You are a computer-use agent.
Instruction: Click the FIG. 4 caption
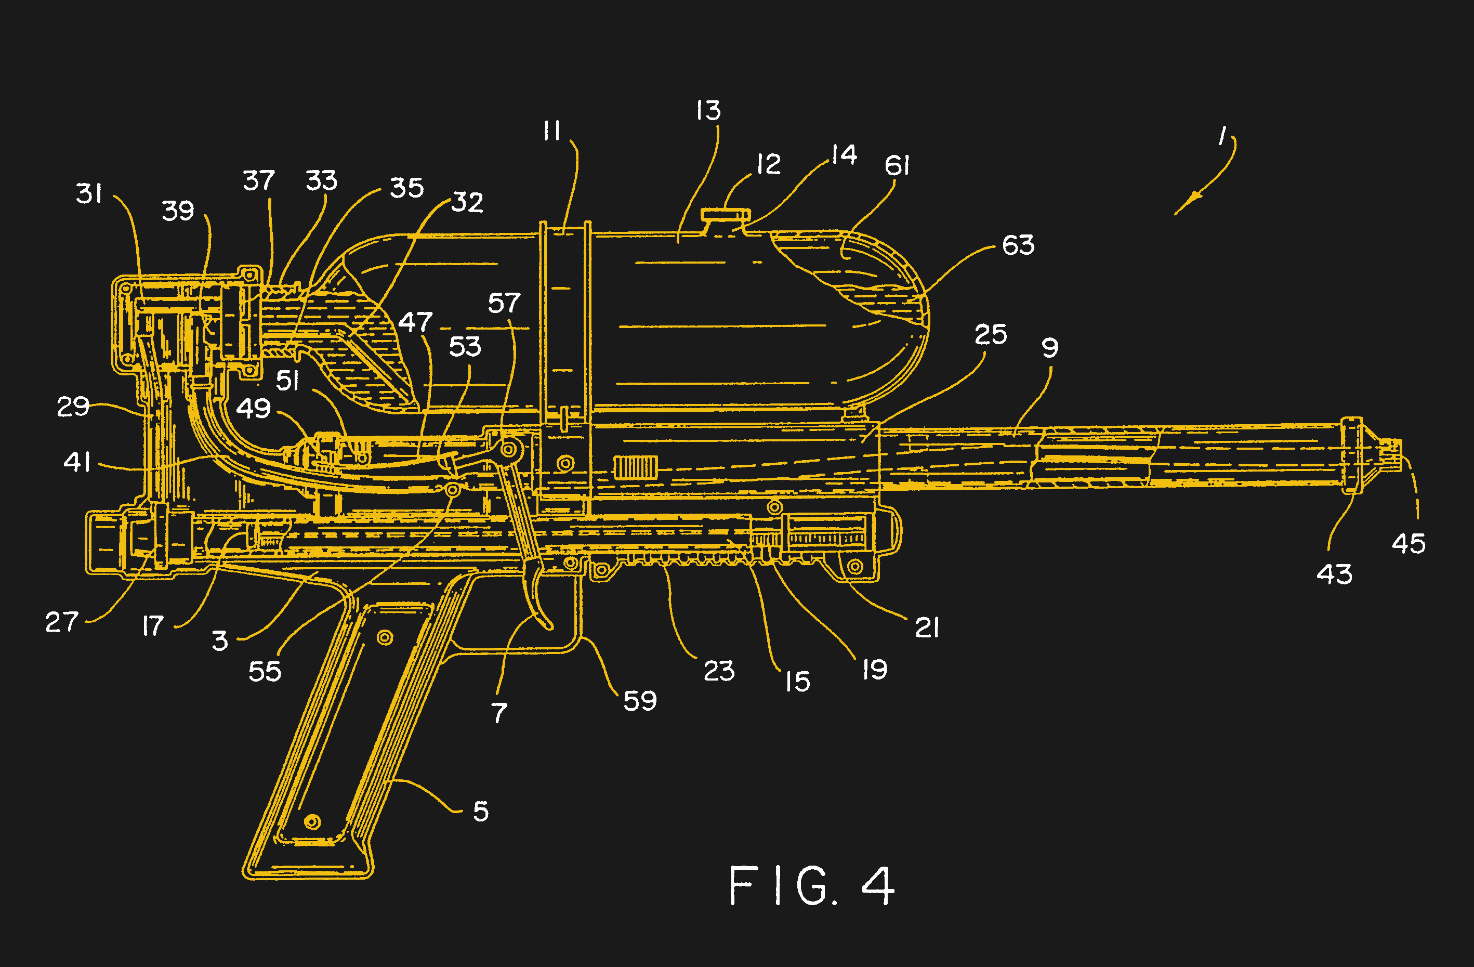click(811, 886)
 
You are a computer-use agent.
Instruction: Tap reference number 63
click(1018, 245)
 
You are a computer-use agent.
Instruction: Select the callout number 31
click(88, 193)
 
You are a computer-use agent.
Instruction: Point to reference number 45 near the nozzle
click(1409, 544)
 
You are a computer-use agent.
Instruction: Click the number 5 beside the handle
click(481, 812)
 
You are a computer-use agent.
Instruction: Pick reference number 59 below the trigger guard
click(640, 701)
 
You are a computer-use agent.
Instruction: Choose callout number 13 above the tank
click(708, 111)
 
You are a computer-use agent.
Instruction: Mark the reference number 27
click(61, 622)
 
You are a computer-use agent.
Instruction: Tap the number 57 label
click(504, 304)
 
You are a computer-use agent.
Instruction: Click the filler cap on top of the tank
click(725, 215)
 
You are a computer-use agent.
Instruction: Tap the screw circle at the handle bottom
click(313, 822)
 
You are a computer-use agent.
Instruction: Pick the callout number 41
click(77, 462)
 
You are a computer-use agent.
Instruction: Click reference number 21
click(927, 628)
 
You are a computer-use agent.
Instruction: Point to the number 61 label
click(897, 165)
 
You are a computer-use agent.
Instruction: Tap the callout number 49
click(253, 408)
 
